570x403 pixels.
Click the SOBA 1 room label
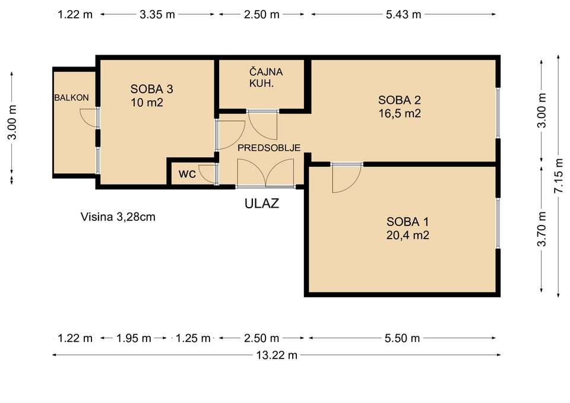click(407, 221)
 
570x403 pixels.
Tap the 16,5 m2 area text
click(400, 113)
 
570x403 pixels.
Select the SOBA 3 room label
click(151, 89)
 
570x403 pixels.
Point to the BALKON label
click(72, 97)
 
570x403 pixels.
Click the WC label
click(187, 174)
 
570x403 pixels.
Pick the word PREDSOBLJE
click(269, 148)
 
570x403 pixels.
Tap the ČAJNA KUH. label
click(266, 77)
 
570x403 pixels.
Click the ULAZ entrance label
click(262, 203)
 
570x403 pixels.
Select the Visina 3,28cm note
click(118, 217)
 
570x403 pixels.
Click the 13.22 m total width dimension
click(277, 355)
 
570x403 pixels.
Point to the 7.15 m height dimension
click(559, 176)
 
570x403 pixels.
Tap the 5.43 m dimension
click(404, 14)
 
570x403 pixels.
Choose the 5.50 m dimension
click(402, 338)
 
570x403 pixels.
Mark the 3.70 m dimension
click(542, 229)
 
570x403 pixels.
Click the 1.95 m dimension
click(134, 338)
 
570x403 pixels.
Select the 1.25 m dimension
click(193, 338)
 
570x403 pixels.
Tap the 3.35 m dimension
click(157, 14)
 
